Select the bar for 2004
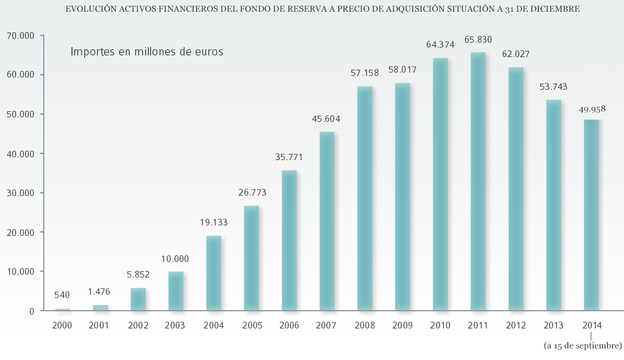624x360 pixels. [x=213, y=273]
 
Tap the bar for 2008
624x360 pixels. [x=365, y=198]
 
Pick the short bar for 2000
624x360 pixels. [x=63, y=309]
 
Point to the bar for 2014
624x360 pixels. [x=591, y=215]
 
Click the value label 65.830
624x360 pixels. [x=478, y=40]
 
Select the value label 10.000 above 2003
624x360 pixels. [x=175, y=259]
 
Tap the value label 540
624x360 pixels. [x=62, y=295]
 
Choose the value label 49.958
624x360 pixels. [x=592, y=109]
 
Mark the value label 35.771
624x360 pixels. [x=289, y=157]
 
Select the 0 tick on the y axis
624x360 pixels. [x=32, y=311]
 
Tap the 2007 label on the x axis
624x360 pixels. [x=327, y=326]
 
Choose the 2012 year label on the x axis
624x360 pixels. [x=516, y=326]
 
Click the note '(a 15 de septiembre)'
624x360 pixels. [x=582, y=346]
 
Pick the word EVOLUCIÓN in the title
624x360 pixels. [x=88, y=9]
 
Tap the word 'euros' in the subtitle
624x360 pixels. [x=208, y=52]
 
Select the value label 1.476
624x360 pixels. [x=100, y=291]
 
